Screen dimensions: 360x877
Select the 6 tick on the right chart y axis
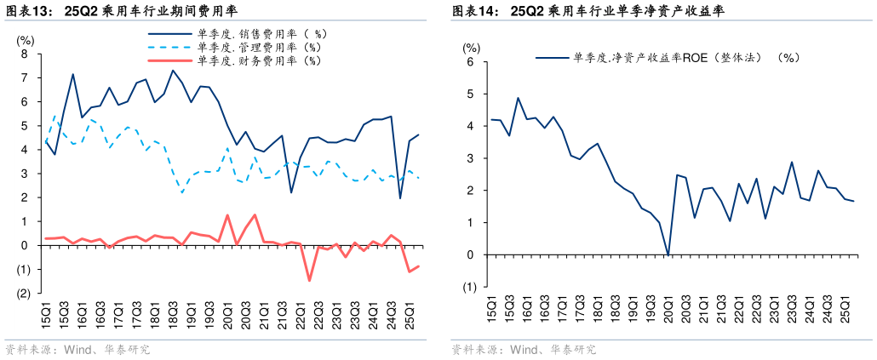click(468, 62)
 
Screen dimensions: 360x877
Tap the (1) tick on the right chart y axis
click(468, 287)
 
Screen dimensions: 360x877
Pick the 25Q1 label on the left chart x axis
click(408, 316)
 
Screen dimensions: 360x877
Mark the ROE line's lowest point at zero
click(668, 254)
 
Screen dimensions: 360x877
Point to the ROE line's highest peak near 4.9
click(519, 98)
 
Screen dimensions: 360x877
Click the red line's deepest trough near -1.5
click(309, 281)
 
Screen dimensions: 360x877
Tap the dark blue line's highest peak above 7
click(173, 71)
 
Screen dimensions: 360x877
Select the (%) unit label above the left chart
click(26, 40)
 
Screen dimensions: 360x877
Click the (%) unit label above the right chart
click(471, 49)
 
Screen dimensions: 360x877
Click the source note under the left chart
click(77, 349)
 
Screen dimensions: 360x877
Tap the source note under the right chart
click(523, 349)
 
